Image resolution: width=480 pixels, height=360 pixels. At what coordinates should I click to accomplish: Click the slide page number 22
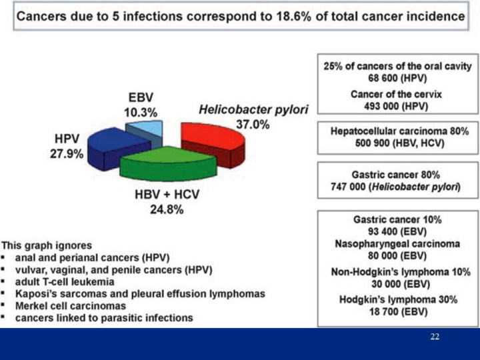pyautogui.click(x=435, y=337)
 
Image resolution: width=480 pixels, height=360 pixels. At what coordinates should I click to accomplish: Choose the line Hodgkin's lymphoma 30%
pyautogui.click(x=398, y=299)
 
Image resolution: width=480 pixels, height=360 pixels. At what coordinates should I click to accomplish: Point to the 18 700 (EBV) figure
pyautogui.click(x=397, y=311)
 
